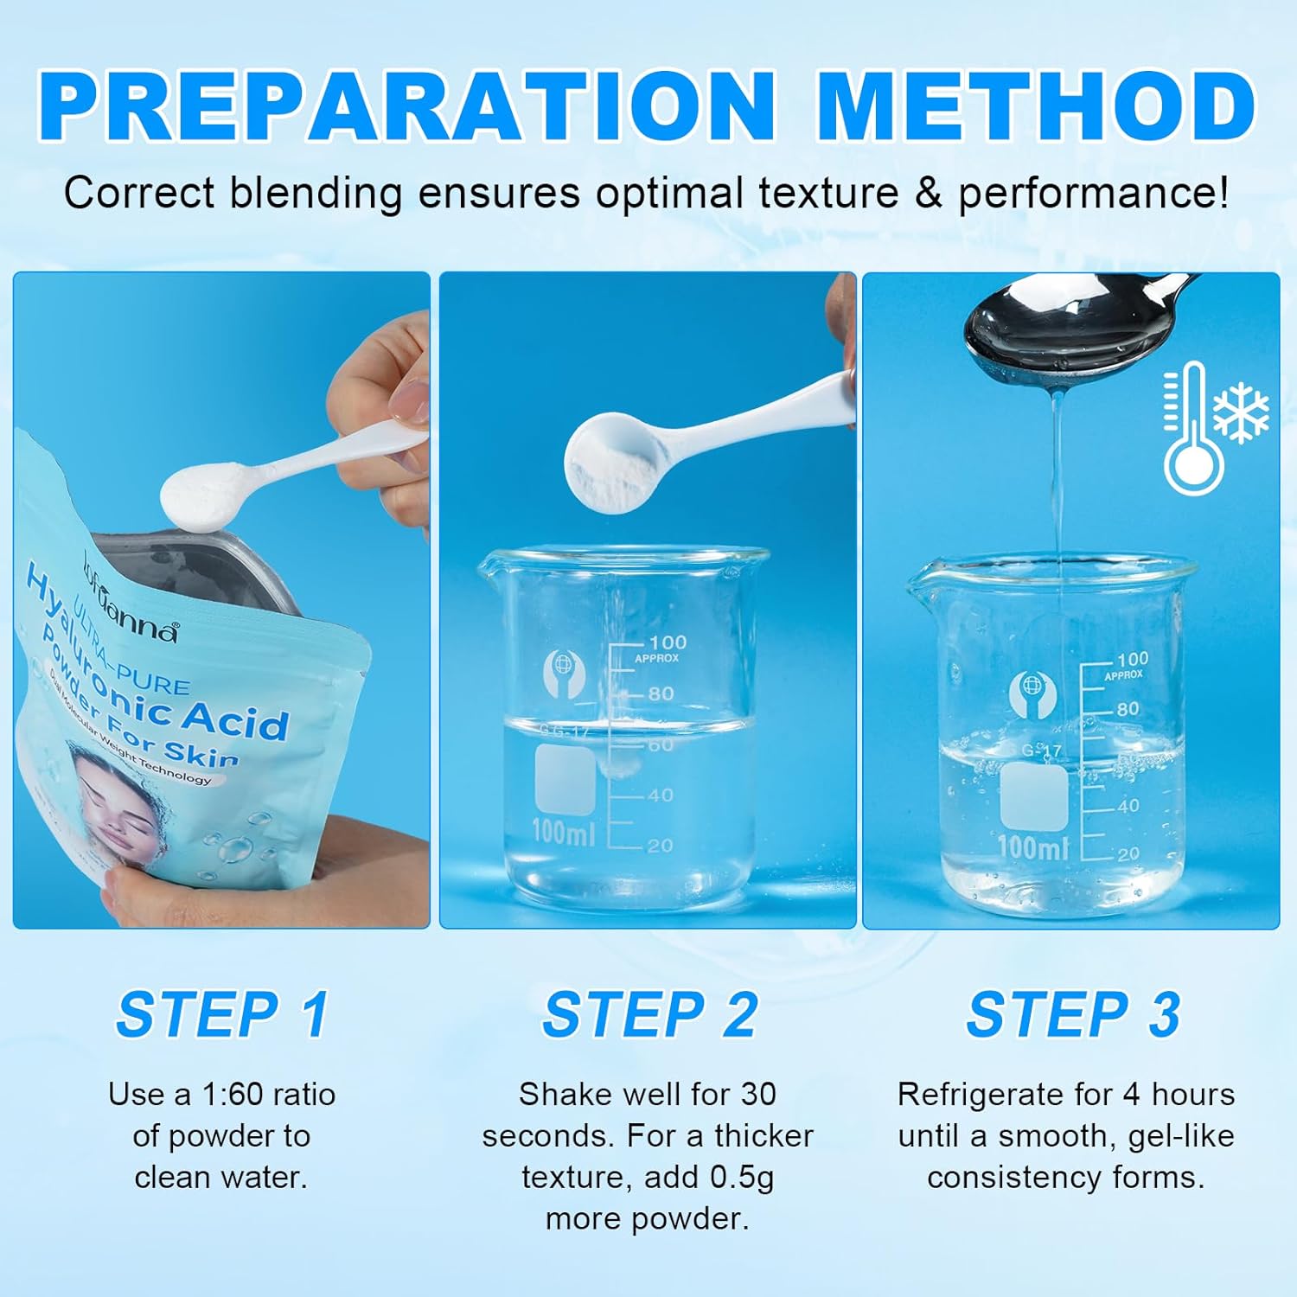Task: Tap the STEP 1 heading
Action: click(x=223, y=1014)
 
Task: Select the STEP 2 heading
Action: click(x=649, y=1014)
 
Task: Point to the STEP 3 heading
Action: click(x=1073, y=1014)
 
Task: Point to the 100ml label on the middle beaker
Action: click(x=563, y=832)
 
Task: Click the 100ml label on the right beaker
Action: click(x=1033, y=847)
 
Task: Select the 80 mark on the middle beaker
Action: click(x=661, y=693)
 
